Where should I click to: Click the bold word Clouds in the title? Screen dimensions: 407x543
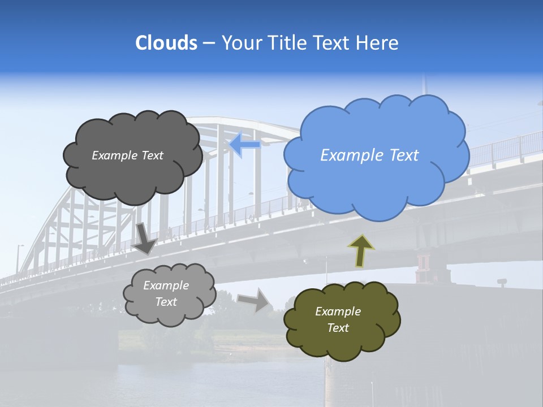point(166,43)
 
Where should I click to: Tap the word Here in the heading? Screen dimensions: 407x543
point(378,43)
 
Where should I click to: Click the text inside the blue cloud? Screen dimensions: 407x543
point(369,155)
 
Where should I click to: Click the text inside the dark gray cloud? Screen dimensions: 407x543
point(127,155)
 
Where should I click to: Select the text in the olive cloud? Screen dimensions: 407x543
point(338,319)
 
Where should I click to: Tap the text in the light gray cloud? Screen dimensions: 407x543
point(166,294)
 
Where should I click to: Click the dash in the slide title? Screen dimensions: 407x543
point(208,43)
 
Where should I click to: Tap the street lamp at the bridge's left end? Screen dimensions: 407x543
point(19,254)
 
